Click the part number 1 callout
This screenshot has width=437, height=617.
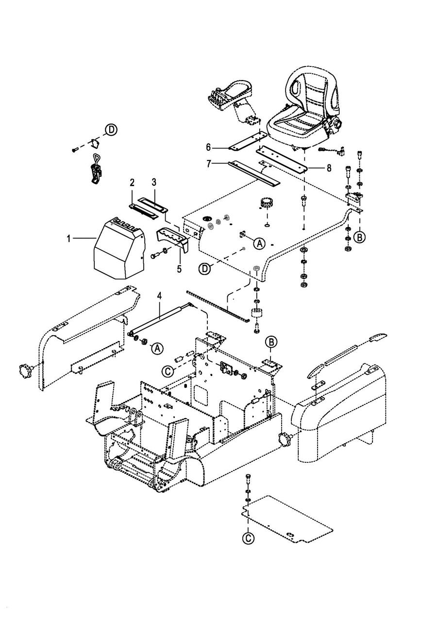coord(69,239)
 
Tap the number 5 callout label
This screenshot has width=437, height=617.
coord(179,267)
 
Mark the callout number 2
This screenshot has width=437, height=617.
coord(132,183)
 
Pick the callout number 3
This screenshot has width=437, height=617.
coord(154,182)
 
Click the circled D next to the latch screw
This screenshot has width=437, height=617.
coord(112,130)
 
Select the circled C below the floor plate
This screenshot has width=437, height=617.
coord(248,537)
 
